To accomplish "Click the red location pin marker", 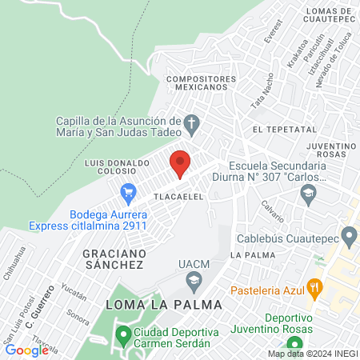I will pyautogui.click(x=180, y=163).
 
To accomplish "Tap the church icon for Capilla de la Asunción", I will pyautogui.click(x=190, y=124).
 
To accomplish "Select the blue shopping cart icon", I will pyautogui.click(x=126, y=192).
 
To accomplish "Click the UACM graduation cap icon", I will pyautogui.click(x=193, y=280).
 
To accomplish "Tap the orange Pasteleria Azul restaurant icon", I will pyautogui.click(x=316, y=287).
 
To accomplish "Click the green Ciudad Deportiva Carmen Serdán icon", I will pyautogui.click(x=123, y=333).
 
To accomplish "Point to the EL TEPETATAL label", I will pyautogui.click(x=279, y=128).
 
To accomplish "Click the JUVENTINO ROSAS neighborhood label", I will pyautogui.click(x=330, y=151).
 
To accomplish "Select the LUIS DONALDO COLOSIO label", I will pyautogui.click(x=118, y=166).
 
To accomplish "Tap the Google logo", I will pyautogui.click(x=26, y=350).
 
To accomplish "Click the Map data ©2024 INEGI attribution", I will pyautogui.click(x=312, y=354).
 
